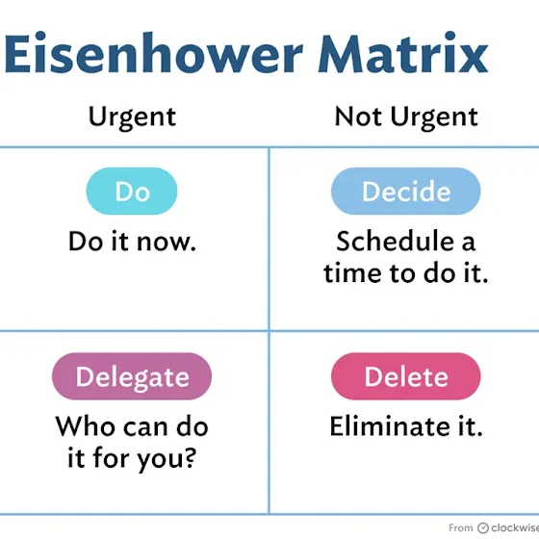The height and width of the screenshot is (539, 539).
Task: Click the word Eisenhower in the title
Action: (x=153, y=53)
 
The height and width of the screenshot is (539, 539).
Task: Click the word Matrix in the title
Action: (x=403, y=53)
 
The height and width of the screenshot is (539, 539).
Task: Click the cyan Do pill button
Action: (x=132, y=192)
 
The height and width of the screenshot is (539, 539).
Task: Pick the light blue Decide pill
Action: (x=406, y=192)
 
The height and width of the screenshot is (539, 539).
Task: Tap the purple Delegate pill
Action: (x=132, y=376)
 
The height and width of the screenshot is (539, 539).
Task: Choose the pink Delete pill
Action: (x=406, y=376)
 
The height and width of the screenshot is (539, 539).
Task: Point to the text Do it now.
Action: (x=133, y=242)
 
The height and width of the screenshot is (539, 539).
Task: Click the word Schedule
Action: (x=395, y=242)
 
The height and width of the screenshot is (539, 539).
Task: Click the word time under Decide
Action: (x=353, y=273)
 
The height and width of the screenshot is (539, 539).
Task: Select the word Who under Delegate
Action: (x=86, y=426)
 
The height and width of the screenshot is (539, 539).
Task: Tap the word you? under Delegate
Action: (x=167, y=459)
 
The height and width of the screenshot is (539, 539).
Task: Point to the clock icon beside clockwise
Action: (x=483, y=527)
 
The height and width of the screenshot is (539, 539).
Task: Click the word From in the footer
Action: (x=461, y=527)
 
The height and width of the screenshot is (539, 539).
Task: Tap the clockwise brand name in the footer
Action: (x=515, y=527)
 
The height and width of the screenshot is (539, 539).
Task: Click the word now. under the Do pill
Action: (x=167, y=242)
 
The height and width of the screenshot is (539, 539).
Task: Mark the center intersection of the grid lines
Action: (x=269, y=331)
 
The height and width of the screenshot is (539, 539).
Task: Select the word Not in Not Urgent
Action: (x=358, y=116)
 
